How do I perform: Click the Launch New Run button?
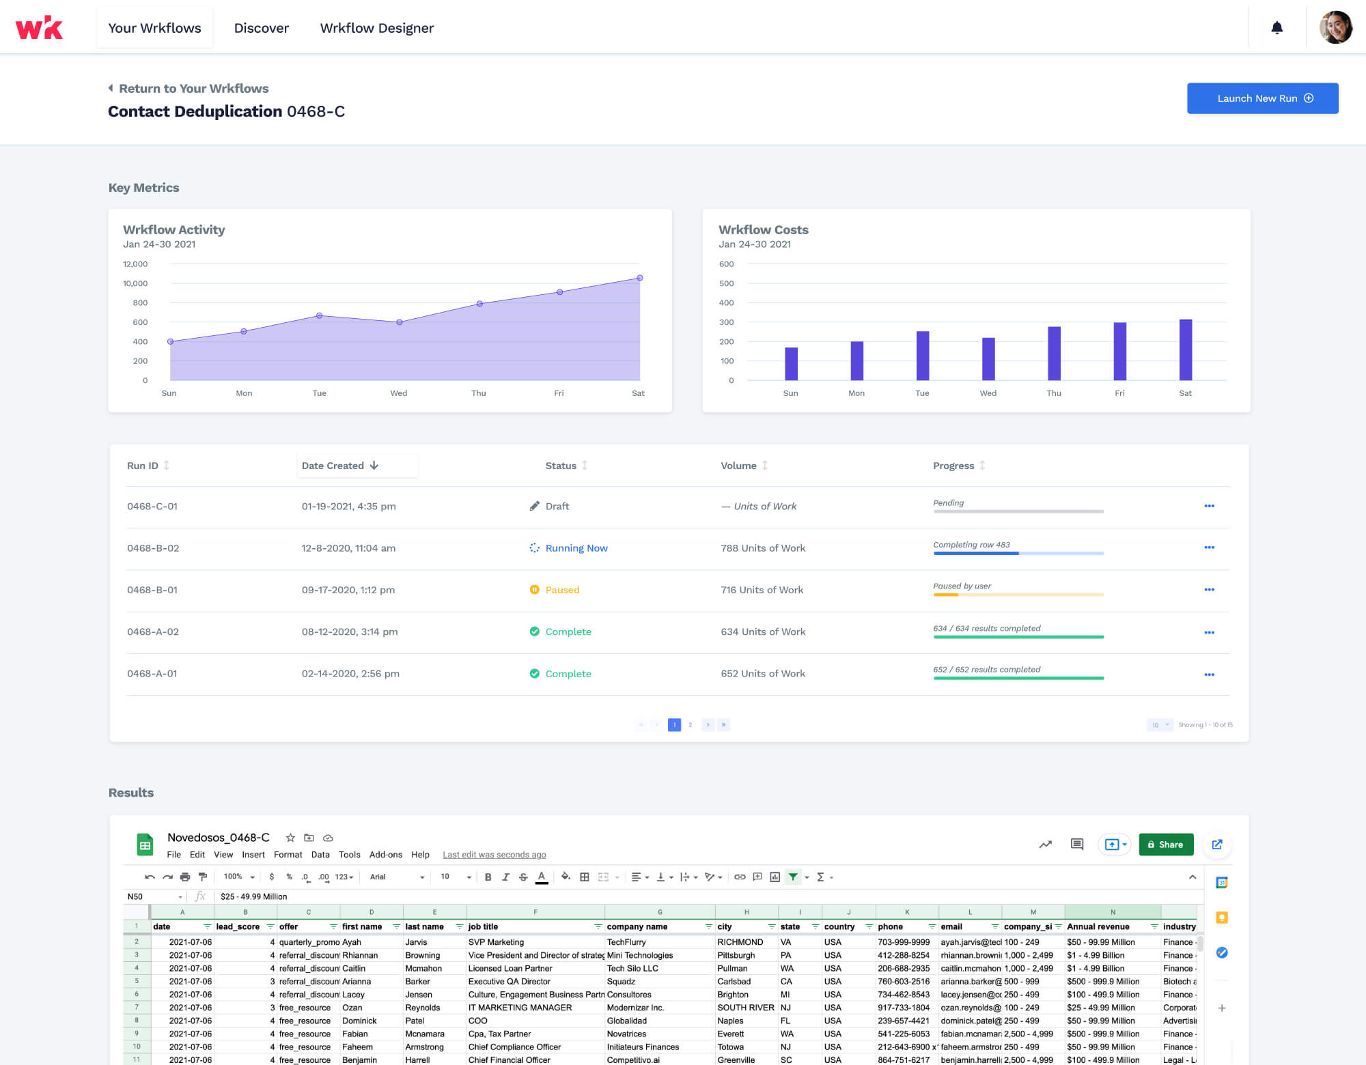[1262, 98]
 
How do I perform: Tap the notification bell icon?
[1277, 28]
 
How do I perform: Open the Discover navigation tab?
[261, 28]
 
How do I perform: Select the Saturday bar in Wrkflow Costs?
[1185, 350]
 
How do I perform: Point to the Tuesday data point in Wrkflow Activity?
[319, 315]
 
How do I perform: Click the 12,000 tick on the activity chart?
[135, 264]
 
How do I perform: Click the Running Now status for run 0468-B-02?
[576, 548]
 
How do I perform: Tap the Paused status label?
[562, 590]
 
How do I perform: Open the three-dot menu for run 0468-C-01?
[1209, 506]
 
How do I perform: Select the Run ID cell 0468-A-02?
[153, 632]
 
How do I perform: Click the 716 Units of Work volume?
[762, 590]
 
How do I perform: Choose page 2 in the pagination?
[690, 725]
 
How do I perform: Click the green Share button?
[1165, 844]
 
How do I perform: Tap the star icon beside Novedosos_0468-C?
[290, 838]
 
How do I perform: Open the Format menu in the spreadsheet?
[288, 855]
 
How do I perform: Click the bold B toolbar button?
[488, 877]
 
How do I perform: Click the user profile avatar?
[1335, 28]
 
